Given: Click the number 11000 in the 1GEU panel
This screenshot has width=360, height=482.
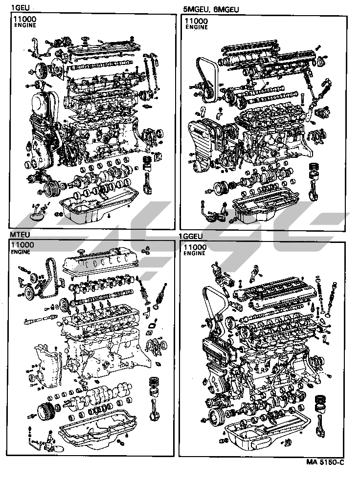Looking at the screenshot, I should pyautogui.click(x=24, y=20).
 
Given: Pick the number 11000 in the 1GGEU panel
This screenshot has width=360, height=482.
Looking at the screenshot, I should pyautogui.click(x=195, y=247).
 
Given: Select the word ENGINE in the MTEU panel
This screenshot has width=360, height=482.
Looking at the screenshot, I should pyautogui.click(x=20, y=252).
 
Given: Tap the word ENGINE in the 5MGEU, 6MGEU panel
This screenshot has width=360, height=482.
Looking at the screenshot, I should pyautogui.click(x=197, y=27).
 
